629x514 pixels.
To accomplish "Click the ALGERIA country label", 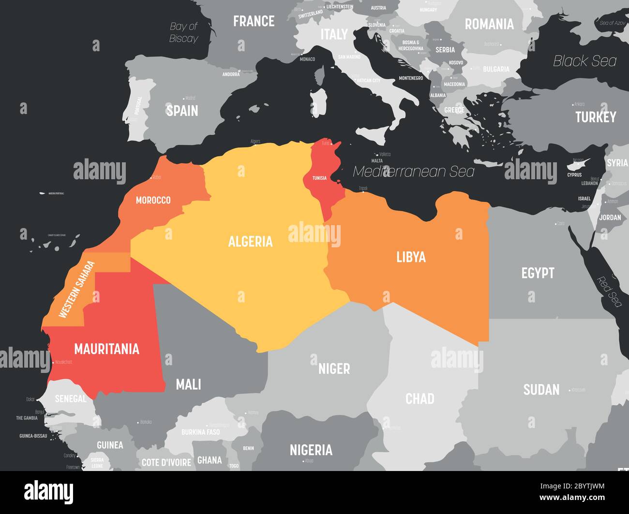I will coord(250,242).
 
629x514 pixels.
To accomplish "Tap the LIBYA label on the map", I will coord(411,257).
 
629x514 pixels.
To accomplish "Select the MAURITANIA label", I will coord(106,349).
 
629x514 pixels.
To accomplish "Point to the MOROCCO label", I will coord(153,200).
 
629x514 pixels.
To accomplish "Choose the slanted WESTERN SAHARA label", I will coord(76,289).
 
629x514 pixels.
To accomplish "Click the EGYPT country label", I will coord(538,273).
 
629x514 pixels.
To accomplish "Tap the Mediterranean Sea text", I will coord(414,171).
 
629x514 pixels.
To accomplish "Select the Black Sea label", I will coord(584,61).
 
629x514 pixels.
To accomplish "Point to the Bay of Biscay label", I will coord(184,32).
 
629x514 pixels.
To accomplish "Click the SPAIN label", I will coord(182,111).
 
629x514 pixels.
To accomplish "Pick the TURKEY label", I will coord(596,117).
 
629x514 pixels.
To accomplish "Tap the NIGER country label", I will coord(334,369).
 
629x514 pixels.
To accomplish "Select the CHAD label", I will coord(419,399).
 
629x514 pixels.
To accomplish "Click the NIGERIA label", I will coord(311,450).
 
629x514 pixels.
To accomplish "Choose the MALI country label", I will coord(188,385).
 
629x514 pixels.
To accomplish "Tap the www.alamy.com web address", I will coord(569,498).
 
